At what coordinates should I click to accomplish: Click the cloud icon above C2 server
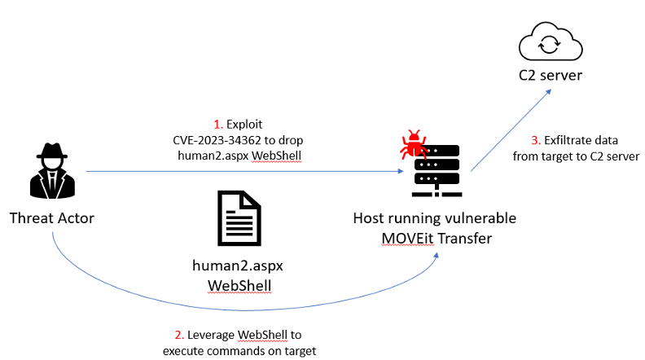click(551, 42)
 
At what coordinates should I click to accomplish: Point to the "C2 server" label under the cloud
click(551, 77)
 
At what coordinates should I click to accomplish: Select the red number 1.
click(217, 125)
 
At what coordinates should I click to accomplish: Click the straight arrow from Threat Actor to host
click(244, 172)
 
